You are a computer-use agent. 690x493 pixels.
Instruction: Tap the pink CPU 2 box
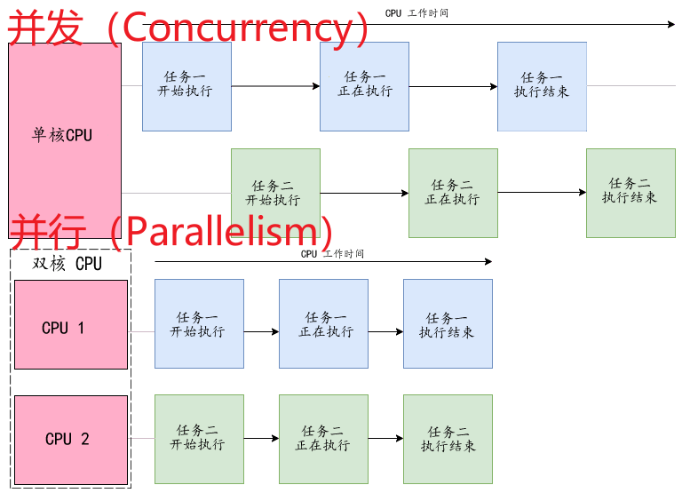tap(71, 440)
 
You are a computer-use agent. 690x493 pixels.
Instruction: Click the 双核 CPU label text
tap(67, 264)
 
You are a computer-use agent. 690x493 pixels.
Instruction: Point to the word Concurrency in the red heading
tap(239, 28)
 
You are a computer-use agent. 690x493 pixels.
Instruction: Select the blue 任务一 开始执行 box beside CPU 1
tap(199, 324)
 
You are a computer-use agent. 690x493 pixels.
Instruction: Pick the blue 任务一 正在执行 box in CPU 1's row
tap(323, 324)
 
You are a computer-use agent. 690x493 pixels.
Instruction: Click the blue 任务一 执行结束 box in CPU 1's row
tap(448, 324)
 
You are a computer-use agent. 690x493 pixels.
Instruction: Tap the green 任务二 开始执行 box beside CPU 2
tap(199, 438)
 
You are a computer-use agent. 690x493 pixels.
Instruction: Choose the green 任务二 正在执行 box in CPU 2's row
tap(323, 438)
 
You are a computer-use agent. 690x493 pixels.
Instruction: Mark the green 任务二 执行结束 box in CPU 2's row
tap(448, 438)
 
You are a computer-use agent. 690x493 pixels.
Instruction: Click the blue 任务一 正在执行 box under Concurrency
tap(364, 86)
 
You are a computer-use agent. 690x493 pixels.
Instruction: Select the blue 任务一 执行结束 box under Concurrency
tap(542, 86)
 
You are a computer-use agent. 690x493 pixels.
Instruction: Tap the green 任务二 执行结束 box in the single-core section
tap(631, 192)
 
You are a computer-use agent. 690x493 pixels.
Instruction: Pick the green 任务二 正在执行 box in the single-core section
tap(453, 192)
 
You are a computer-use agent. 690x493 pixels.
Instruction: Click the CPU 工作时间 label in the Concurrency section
tap(416, 13)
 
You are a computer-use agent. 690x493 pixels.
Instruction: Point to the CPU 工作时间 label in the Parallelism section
tap(332, 254)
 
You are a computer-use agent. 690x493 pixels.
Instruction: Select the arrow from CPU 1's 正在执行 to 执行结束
tap(385, 332)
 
